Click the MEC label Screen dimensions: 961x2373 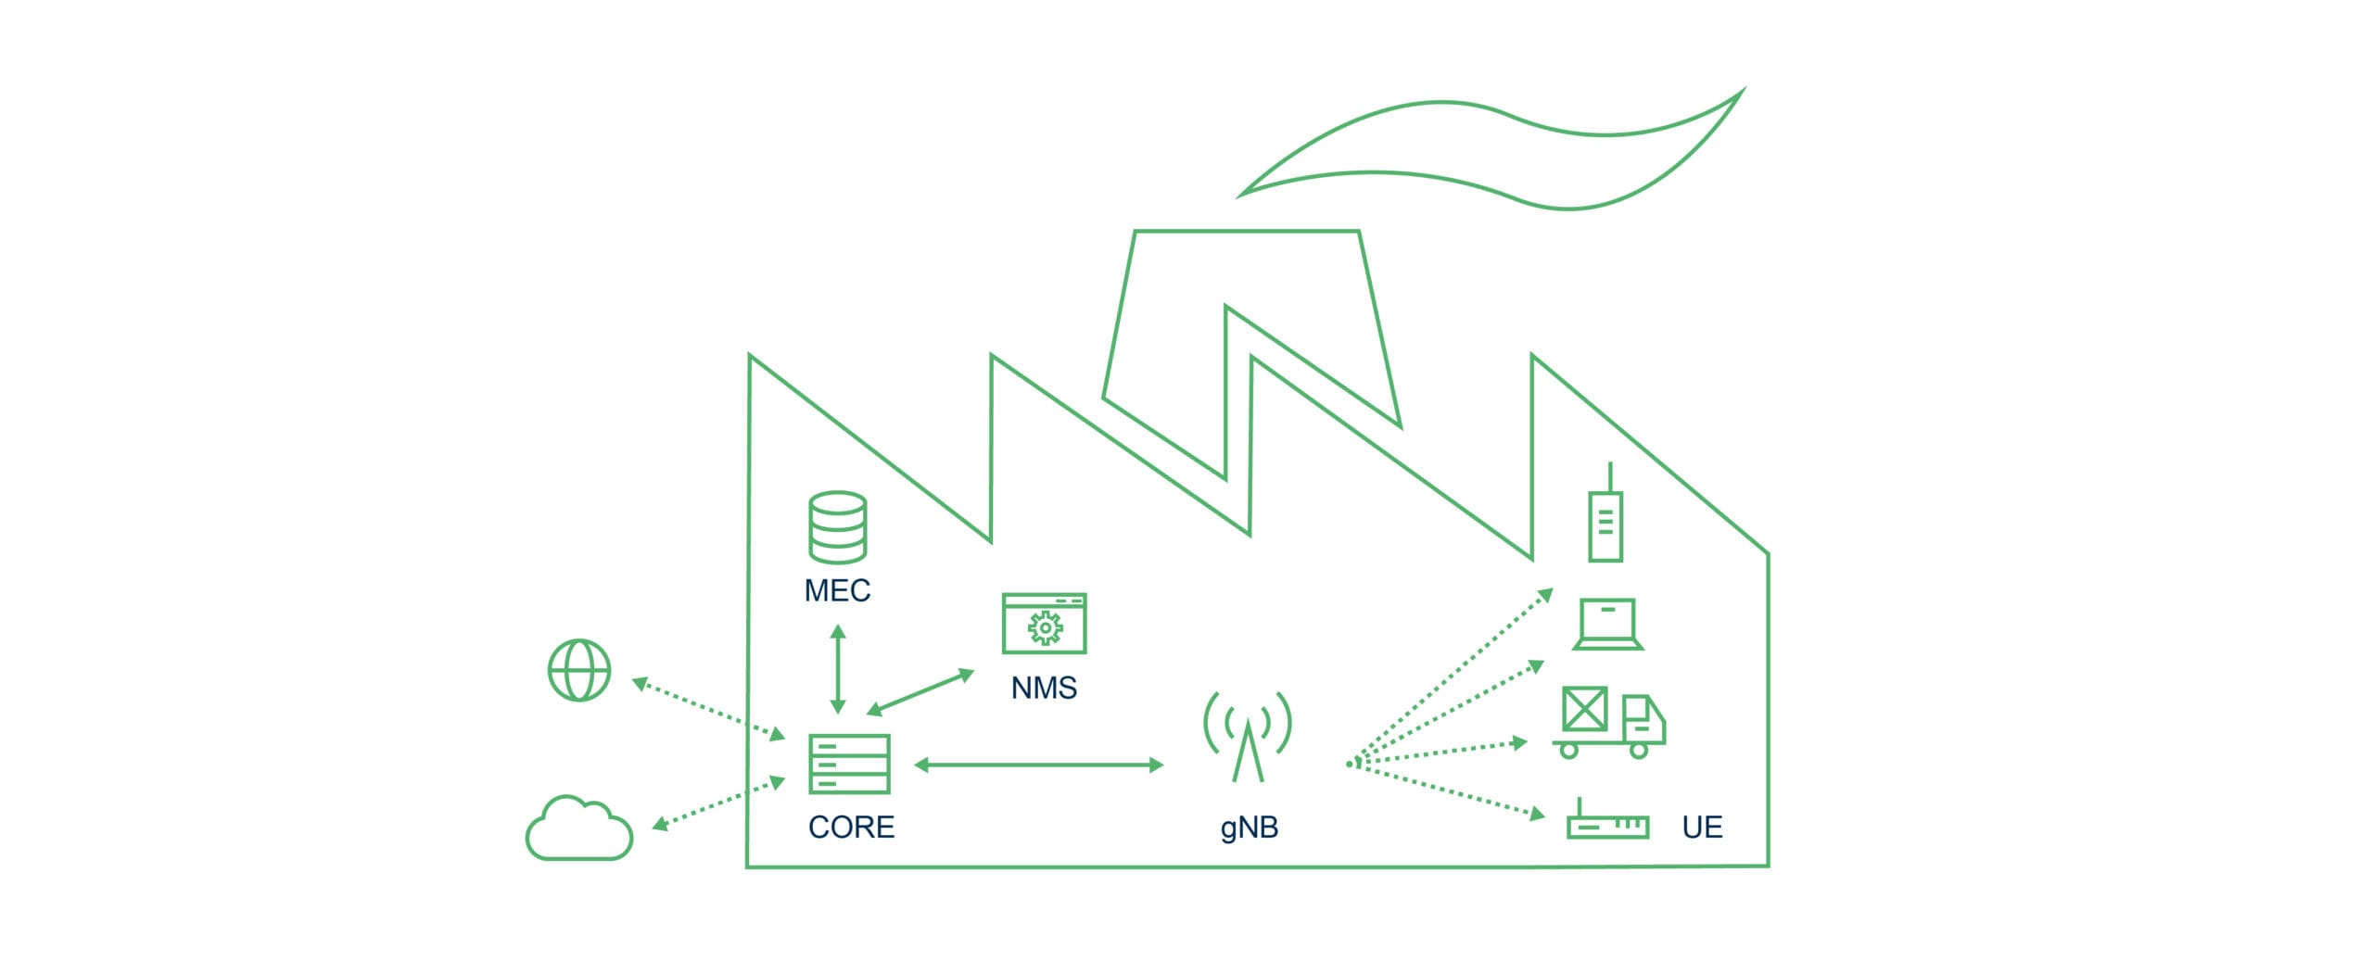[837, 590]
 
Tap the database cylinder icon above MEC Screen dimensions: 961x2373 [837, 526]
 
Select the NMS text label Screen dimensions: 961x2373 [1044, 688]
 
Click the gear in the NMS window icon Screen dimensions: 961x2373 [1045, 627]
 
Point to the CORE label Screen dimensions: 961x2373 [851, 827]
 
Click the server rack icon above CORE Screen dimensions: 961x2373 [849, 764]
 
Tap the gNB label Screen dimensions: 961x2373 [1249, 827]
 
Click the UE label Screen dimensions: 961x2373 [1702, 827]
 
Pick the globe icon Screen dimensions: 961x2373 [579, 669]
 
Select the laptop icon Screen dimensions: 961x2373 [1608, 624]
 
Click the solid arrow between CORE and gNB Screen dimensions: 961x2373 [1038, 765]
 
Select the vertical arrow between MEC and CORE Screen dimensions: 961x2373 [838, 668]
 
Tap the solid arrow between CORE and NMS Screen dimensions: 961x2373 [920, 692]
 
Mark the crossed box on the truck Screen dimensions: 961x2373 [1584, 710]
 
